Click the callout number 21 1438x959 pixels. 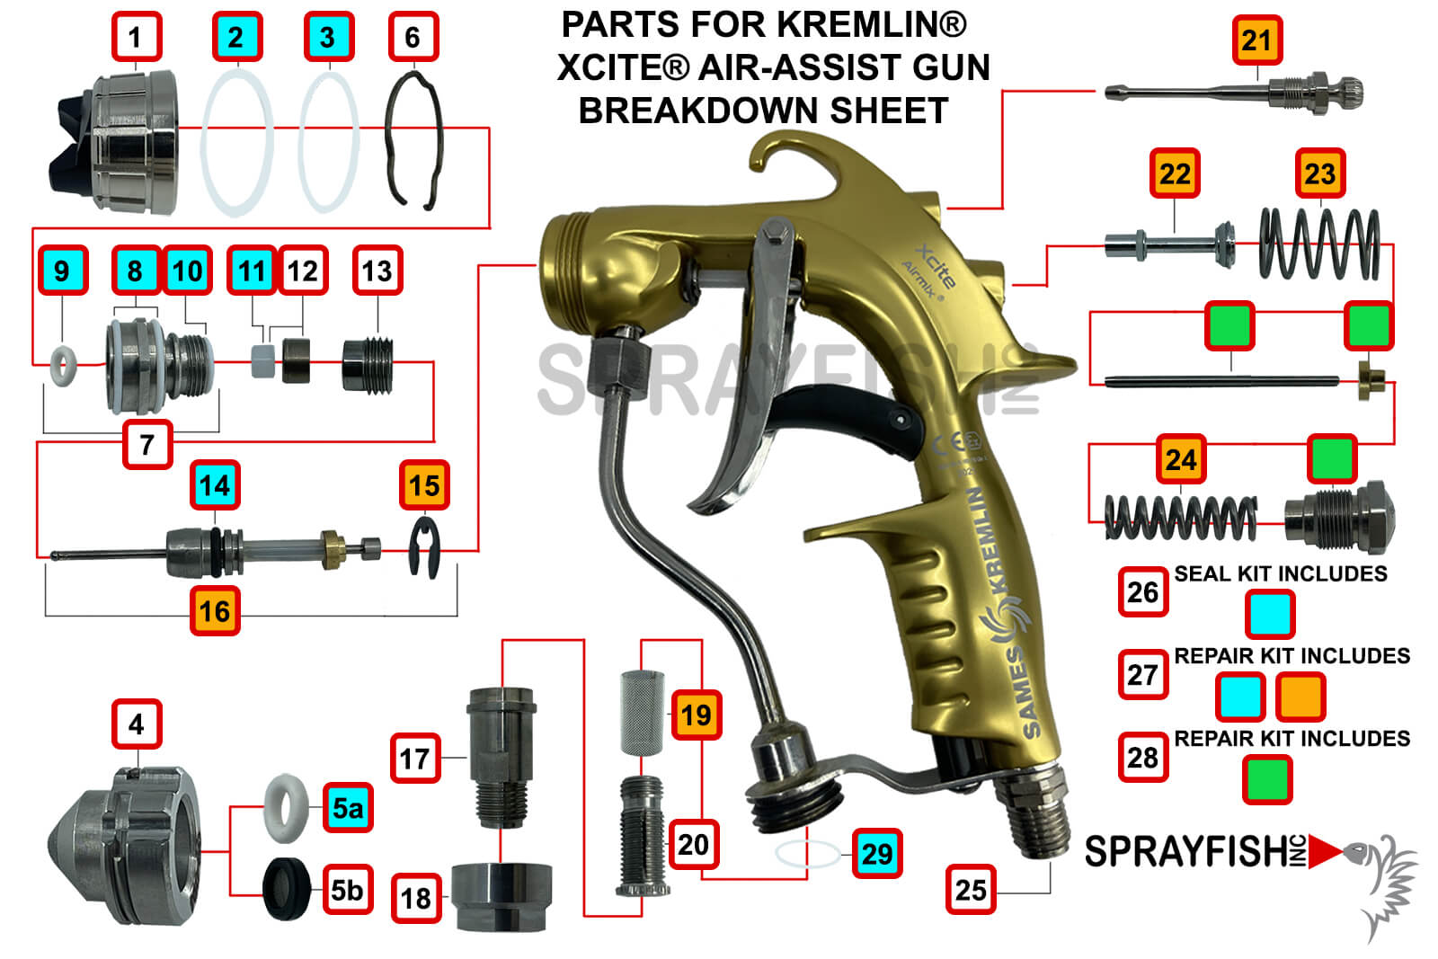click(x=1256, y=40)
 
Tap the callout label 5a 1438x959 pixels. click(x=348, y=807)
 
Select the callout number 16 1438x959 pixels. click(x=215, y=611)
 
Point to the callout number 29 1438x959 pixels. click(x=876, y=853)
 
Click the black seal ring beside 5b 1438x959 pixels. click(x=287, y=889)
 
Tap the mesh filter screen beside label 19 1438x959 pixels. click(x=642, y=712)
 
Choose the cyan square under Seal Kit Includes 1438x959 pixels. click(x=1270, y=615)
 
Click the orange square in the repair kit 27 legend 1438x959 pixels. click(x=1300, y=697)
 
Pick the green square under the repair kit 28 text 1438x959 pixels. click(x=1267, y=778)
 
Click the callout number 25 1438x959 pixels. click(x=971, y=890)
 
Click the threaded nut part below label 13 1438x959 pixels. click(x=368, y=365)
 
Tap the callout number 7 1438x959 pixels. click(x=147, y=444)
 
